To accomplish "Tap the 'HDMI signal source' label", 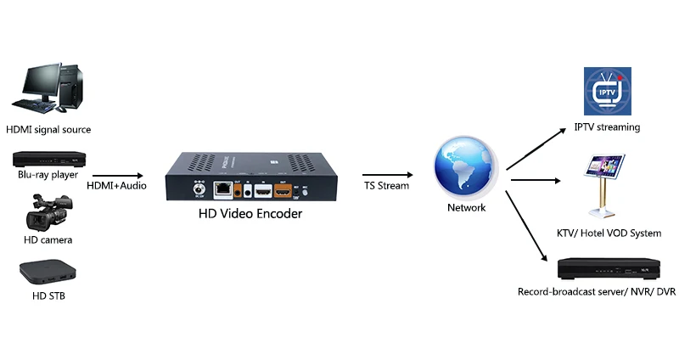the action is pos(48,130).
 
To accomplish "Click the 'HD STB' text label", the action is pos(48,295).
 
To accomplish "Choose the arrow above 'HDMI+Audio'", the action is pos(116,175).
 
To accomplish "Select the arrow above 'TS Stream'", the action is pos(386,175).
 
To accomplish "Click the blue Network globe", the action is pos(463,169).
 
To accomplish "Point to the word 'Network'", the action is pos(466,208).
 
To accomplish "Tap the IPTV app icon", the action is pos(608,92).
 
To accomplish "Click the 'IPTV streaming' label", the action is pos(607,127).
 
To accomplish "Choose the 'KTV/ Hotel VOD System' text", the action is pos(609,233).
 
